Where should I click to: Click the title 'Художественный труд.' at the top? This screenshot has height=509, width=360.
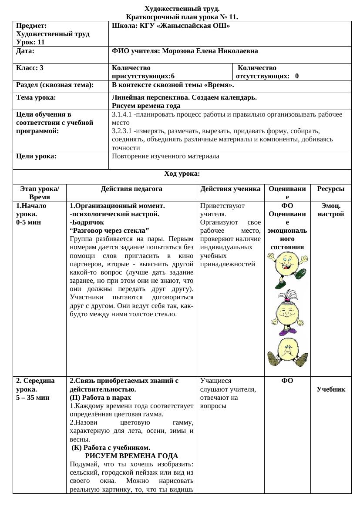point(182,9)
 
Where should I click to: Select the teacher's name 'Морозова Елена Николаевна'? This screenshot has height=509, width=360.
point(210,51)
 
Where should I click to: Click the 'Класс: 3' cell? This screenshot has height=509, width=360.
point(30,68)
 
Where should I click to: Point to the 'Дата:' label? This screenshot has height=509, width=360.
point(25,51)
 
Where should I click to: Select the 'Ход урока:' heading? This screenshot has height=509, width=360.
point(182,174)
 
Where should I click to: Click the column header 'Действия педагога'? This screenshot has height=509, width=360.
point(131,189)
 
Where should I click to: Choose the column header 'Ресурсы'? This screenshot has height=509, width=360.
point(330,189)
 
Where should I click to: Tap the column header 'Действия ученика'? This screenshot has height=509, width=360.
point(230,189)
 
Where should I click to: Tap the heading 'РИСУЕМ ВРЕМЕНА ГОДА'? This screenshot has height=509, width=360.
point(131,456)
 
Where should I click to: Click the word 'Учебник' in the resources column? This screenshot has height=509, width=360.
point(330,389)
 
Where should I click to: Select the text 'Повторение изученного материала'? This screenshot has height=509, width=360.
point(165,156)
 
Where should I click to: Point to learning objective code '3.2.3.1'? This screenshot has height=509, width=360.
point(122,131)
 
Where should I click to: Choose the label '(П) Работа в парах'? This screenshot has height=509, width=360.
point(101,397)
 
